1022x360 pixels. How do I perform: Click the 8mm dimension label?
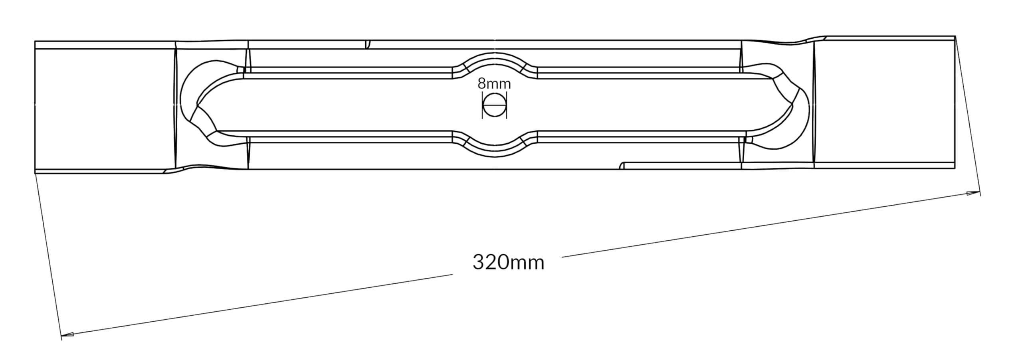(x=494, y=84)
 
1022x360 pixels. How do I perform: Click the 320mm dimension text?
(x=508, y=263)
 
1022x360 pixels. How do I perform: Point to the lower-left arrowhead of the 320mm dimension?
(x=67, y=334)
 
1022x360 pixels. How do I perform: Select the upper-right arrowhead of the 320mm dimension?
(x=973, y=194)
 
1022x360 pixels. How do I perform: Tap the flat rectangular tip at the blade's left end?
(x=105, y=107)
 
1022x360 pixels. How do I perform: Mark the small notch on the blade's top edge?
(x=368, y=44)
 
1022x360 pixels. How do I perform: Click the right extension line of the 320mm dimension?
(x=968, y=116)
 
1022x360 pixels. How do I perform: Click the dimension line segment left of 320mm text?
(x=257, y=305)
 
